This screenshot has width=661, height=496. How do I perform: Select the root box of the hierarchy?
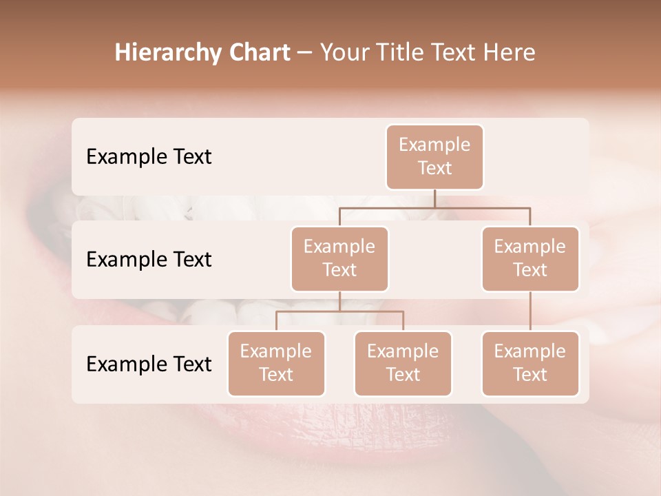pyautogui.click(x=434, y=156)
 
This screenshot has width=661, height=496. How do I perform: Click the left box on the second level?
pyautogui.click(x=339, y=258)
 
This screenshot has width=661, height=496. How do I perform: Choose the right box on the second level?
pyautogui.click(x=530, y=258)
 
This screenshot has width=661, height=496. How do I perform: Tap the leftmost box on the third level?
pyautogui.click(x=276, y=363)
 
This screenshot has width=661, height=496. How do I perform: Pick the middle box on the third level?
pyautogui.click(x=403, y=363)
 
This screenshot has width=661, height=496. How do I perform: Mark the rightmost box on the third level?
pyautogui.click(x=530, y=363)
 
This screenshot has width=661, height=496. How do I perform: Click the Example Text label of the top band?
pyautogui.click(x=149, y=156)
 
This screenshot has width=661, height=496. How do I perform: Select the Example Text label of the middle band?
pyautogui.click(x=149, y=259)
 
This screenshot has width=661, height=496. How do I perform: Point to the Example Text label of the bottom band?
pyautogui.click(x=149, y=364)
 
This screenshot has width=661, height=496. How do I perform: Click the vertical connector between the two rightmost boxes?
pyautogui.click(x=530, y=311)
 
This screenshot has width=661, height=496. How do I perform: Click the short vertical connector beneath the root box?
pyautogui.click(x=434, y=198)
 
